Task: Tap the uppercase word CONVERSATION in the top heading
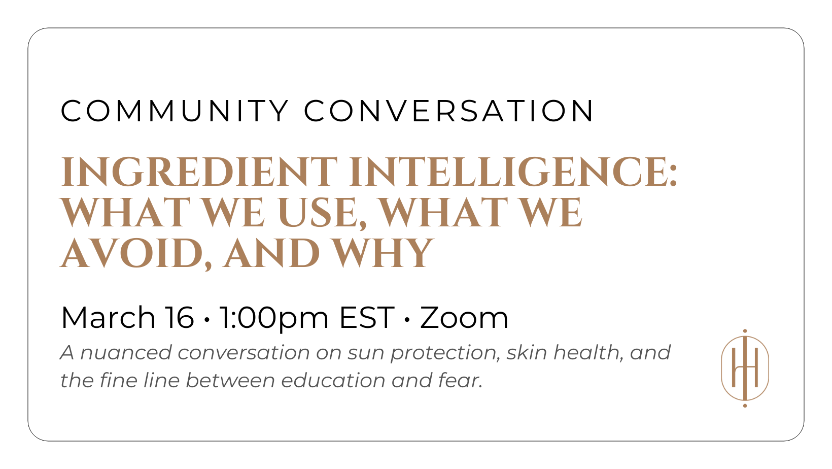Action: [449, 111]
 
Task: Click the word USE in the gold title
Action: [318, 213]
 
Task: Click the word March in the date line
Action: [108, 318]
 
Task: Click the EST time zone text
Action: [367, 318]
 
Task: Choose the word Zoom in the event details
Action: [464, 318]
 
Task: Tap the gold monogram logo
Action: [745, 368]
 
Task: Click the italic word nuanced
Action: [126, 353]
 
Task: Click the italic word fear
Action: [460, 380]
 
